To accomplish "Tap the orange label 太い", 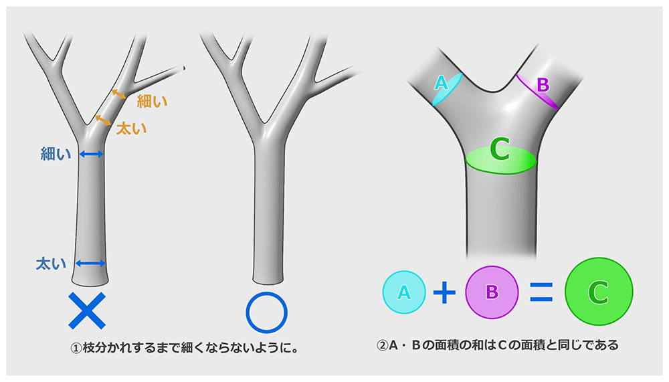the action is pos(131,128).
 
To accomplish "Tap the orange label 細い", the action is pos(152,102).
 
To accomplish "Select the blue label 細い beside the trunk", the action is pos(55,155).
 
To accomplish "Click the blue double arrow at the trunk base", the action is pos(90,263).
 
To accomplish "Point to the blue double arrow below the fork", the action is pos(91,155).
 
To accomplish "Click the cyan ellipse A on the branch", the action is pos(446,88).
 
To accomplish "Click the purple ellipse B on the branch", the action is pos(537,90).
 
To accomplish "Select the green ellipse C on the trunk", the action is pos(500,159).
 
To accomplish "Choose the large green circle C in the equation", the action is pos(598,291).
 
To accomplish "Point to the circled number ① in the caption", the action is pos(76,348).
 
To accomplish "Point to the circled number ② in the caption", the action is pos(382,346).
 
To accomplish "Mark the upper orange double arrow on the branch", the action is pos(119,94).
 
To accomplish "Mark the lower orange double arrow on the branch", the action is pos(103,120).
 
